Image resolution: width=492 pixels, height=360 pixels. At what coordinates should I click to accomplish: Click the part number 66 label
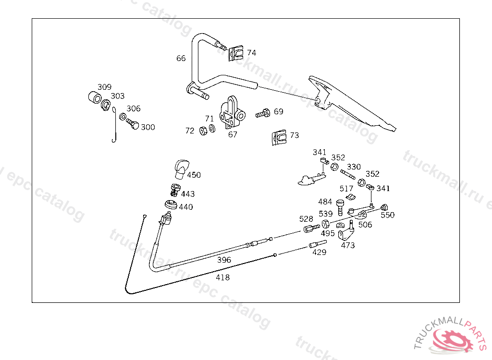181,59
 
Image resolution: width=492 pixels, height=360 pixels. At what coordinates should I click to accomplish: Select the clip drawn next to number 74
235,53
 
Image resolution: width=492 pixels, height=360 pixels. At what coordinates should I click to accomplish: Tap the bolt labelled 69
263,113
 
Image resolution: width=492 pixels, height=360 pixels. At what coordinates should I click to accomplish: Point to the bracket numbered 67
232,112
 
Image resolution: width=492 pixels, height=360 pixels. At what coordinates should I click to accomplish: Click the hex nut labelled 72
203,131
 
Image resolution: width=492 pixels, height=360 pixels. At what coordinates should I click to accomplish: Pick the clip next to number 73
279,137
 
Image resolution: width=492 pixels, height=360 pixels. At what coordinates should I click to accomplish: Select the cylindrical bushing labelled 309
95,97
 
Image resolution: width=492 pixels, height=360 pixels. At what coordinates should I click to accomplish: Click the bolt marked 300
133,123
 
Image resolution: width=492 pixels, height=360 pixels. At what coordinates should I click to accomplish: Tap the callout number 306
134,108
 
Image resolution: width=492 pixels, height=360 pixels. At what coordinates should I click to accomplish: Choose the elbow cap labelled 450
181,168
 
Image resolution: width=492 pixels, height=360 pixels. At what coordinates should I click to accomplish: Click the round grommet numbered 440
171,204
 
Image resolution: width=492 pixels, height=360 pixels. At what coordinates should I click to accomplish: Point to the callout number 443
188,194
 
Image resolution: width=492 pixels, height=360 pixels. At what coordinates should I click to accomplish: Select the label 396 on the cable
224,260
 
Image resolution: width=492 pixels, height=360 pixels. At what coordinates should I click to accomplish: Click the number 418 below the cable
222,277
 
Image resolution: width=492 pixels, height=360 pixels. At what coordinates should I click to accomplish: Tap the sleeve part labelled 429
318,244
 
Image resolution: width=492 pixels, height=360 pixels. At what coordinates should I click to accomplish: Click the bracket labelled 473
346,230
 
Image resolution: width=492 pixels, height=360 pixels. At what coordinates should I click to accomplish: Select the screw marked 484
340,207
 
